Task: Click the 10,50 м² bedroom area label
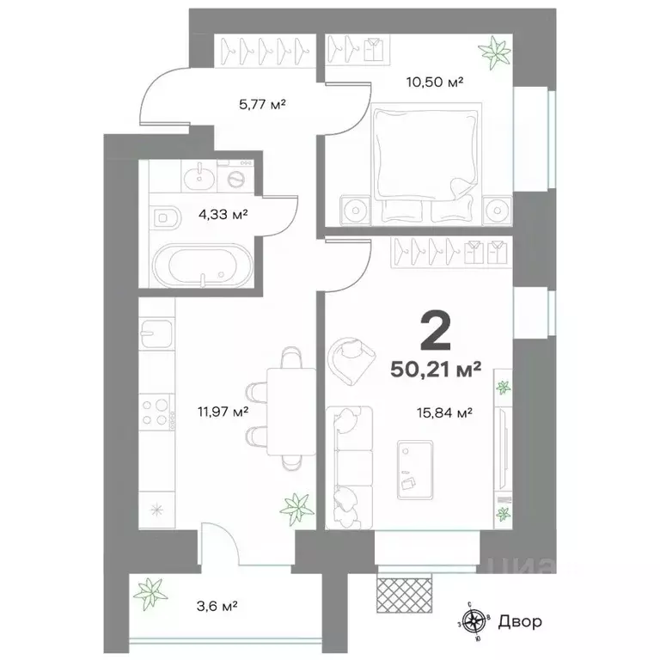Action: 434,82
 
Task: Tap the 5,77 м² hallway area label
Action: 262,104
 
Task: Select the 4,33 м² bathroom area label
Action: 223,215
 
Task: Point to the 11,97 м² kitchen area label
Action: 223,411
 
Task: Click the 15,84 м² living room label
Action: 444,412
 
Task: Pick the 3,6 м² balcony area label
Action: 217,607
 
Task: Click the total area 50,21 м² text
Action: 436,370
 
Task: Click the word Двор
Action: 519,621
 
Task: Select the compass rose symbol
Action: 474,621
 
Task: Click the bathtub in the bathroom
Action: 204,266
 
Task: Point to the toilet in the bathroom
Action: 168,217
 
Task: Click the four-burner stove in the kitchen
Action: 156,412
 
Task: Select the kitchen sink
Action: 156,333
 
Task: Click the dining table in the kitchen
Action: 291,411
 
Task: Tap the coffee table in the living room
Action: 415,470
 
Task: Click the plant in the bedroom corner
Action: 495,52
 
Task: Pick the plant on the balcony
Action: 150,594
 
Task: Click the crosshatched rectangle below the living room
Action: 404,595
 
